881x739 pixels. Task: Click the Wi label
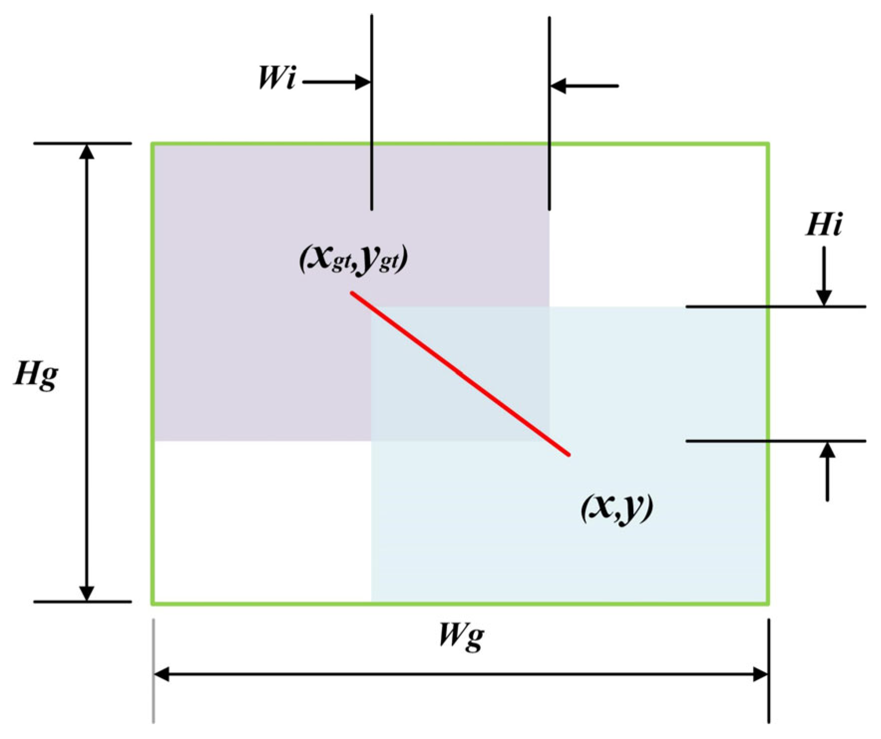277,78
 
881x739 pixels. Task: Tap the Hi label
824,225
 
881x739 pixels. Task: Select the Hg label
36,374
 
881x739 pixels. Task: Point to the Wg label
461,636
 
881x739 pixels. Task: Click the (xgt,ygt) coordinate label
353,258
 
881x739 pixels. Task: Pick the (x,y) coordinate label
617,508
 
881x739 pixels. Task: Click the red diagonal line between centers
460,373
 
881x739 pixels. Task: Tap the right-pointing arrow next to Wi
336,82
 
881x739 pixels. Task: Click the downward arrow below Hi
824,276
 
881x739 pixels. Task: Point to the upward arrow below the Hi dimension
828,471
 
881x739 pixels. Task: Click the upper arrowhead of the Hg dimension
87,151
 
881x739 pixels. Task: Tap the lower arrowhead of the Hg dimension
87,593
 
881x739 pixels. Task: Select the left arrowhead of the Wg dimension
161,675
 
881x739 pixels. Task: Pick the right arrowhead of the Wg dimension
760,675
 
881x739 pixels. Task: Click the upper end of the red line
352,293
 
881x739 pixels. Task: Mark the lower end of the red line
569,454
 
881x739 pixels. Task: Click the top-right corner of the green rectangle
768,144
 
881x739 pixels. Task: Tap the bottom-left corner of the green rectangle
153,604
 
